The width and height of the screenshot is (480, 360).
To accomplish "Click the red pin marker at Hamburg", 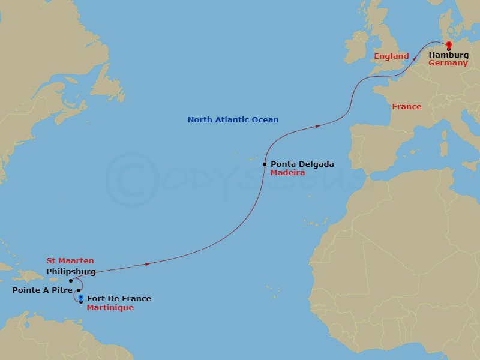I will (448, 45).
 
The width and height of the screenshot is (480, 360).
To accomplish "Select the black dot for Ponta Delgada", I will (265, 164).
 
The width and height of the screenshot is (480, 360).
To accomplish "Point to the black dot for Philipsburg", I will (71, 280).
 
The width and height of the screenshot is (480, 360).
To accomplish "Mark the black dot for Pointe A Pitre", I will (79, 290).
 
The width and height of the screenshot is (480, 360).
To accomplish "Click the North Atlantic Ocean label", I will (233, 120).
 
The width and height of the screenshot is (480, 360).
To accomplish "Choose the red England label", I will (391, 56).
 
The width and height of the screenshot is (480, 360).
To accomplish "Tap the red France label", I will (406, 107).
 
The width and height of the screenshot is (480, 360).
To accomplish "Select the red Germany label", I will (448, 63).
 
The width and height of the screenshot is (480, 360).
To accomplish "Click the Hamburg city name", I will (448, 55).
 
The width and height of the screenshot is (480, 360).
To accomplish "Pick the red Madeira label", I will (287, 172).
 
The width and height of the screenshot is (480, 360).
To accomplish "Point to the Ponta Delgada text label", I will (302, 164).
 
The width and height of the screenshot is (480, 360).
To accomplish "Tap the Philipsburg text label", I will (71, 271).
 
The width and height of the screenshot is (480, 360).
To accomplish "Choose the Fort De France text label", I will (119, 299).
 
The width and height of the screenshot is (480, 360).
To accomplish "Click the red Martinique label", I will (110, 307).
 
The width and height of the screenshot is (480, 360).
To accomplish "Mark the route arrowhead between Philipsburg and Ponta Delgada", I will (146, 264).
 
